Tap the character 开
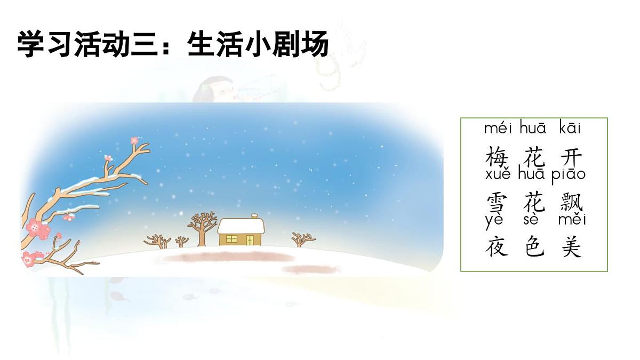click(571, 158)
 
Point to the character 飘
click(572, 203)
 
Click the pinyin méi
click(498, 129)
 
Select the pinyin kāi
click(570, 129)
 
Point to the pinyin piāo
click(569, 174)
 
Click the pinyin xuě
click(498, 174)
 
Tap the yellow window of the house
click(231, 238)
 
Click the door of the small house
click(250, 239)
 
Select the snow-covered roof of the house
click(241, 226)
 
